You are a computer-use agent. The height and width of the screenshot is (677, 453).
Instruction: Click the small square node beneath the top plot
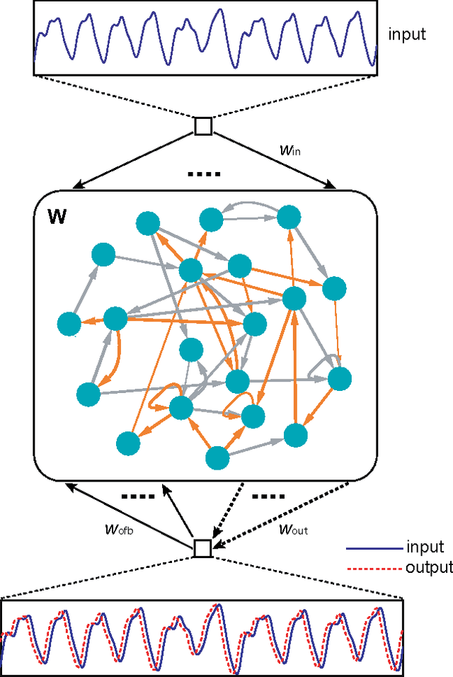[203, 126]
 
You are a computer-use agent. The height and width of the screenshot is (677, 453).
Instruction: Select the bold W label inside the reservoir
[59, 216]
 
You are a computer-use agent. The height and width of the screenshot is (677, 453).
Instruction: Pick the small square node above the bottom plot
[203, 548]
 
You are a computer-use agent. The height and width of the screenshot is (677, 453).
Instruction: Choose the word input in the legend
[425, 547]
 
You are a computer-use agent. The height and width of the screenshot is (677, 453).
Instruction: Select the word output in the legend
[430, 567]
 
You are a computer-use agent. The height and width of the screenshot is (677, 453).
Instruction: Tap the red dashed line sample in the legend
[370, 568]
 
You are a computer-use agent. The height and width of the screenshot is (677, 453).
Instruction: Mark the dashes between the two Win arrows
[204, 173]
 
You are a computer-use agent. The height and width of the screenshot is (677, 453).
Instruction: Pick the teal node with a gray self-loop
[340, 378]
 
